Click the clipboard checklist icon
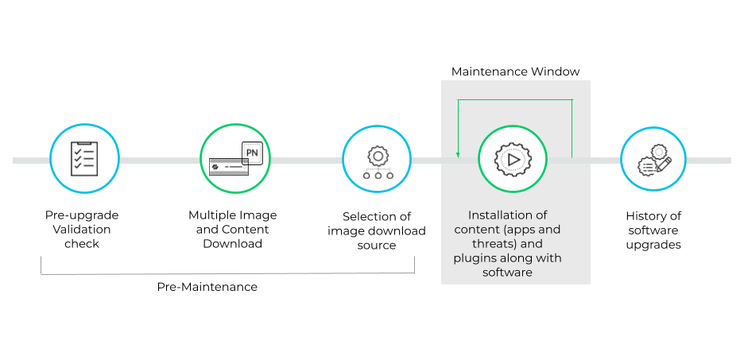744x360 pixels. tap(84, 158)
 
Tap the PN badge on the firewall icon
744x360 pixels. tap(252, 151)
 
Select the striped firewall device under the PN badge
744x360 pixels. tap(227, 166)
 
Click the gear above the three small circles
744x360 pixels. tap(377, 155)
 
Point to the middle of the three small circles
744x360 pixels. tap(377, 175)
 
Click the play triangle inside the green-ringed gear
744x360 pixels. tap(513, 159)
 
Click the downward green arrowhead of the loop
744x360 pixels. tap(458, 154)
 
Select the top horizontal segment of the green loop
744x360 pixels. tap(514, 100)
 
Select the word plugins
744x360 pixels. tap(475, 258)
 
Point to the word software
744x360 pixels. tap(507, 273)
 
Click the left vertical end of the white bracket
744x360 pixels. tap(41, 265)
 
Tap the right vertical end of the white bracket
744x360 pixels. tap(414, 265)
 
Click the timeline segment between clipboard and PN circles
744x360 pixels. tap(159, 161)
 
